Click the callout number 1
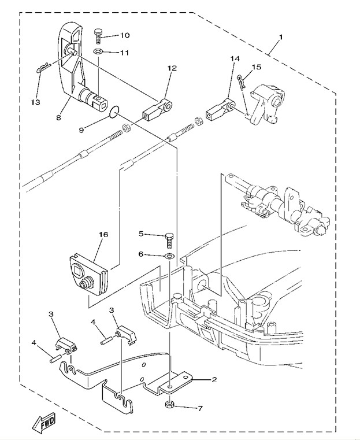(281, 36)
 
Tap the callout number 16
(104, 234)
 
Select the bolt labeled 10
(98, 36)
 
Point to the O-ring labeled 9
(114, 112)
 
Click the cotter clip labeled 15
(242, 81)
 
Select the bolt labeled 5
(169, 241)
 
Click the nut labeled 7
(169, 405)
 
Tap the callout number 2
(214, 380)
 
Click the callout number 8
(58, 117)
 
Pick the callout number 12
(172, 68)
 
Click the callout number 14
(235, 58)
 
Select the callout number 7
(200, 408)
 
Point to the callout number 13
(36, 102)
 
